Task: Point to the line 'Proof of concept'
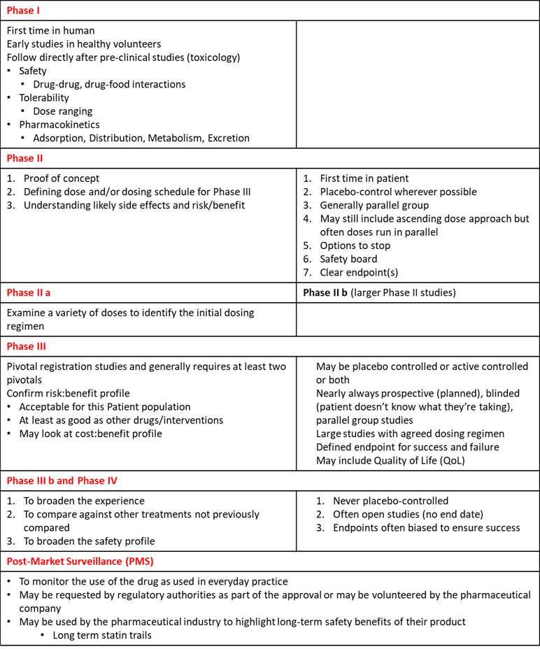click(x=62, y=178)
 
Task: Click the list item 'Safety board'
click(x=348, y=259)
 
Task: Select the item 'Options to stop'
click(x=355, y=245)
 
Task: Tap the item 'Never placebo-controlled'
click(x=390, y=501)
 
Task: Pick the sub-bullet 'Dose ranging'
click(x=63, y=111)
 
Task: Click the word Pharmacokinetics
click(x=59, y=124)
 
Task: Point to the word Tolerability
click(x=44, y=98)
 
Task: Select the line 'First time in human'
click(x=51, y=31)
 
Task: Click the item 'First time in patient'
click(x=364, y=178)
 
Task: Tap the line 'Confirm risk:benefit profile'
click(x=69, y=393)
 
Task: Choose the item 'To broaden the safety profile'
click(x=89, y=541)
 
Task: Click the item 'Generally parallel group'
click(x=374, y=206)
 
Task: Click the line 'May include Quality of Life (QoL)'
click(x=390, y=460)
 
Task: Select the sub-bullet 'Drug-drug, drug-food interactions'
click(x=109, y=84)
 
